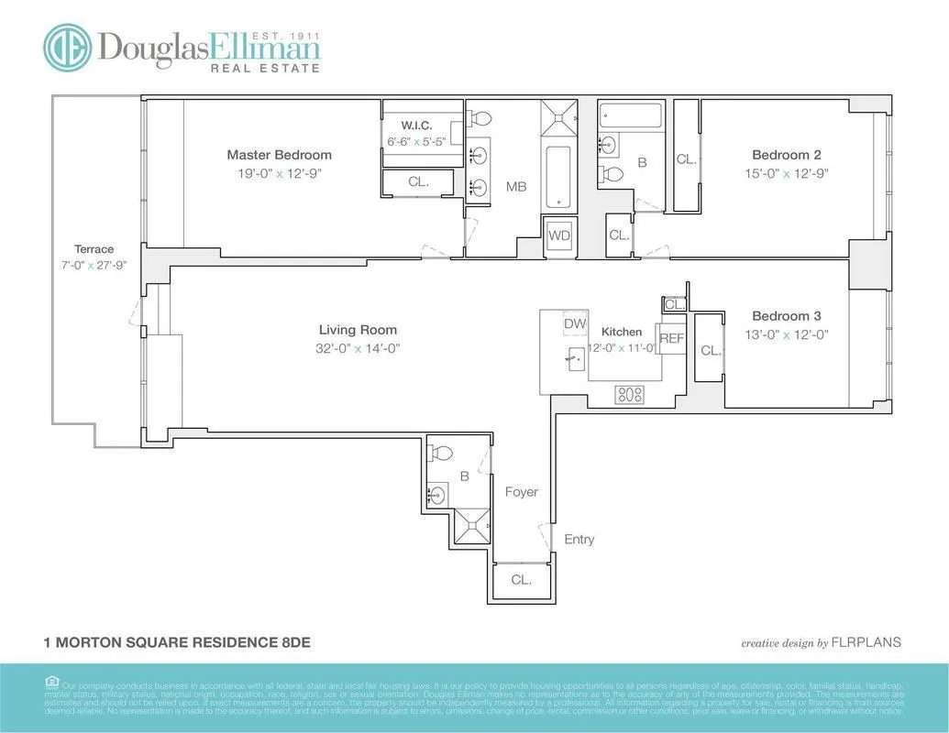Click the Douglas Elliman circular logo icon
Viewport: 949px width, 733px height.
[x=67, y=48]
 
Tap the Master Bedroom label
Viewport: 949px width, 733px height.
[x=279, y=155]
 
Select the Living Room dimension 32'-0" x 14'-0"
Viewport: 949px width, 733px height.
[x=359, y=348]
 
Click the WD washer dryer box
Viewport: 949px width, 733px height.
[x=559, y=235]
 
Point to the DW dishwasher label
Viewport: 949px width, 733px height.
[x=575, y=323]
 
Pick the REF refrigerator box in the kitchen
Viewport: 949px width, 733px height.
[x=672, y=338]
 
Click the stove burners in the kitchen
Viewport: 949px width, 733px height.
[x=630, y=394]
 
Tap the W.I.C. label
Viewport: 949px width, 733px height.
[x=416, y=125]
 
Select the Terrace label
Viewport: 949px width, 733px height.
[x=94, y=249]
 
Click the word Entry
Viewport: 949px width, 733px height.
[x=579, y=539]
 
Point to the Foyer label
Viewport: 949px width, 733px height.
[x=522, y=492]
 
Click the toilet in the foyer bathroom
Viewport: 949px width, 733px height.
[x=441, y=454]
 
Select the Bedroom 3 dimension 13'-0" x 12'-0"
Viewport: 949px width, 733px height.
[x=790, y=334]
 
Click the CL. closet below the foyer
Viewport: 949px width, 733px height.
[x=521, y=579]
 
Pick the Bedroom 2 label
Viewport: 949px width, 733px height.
[x=786, y=155]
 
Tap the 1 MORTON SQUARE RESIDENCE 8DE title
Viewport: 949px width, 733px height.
[x=177, y=642]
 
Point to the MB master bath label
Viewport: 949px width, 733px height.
[x=516, y=187]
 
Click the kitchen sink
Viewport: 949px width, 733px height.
[x=575, y=358]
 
